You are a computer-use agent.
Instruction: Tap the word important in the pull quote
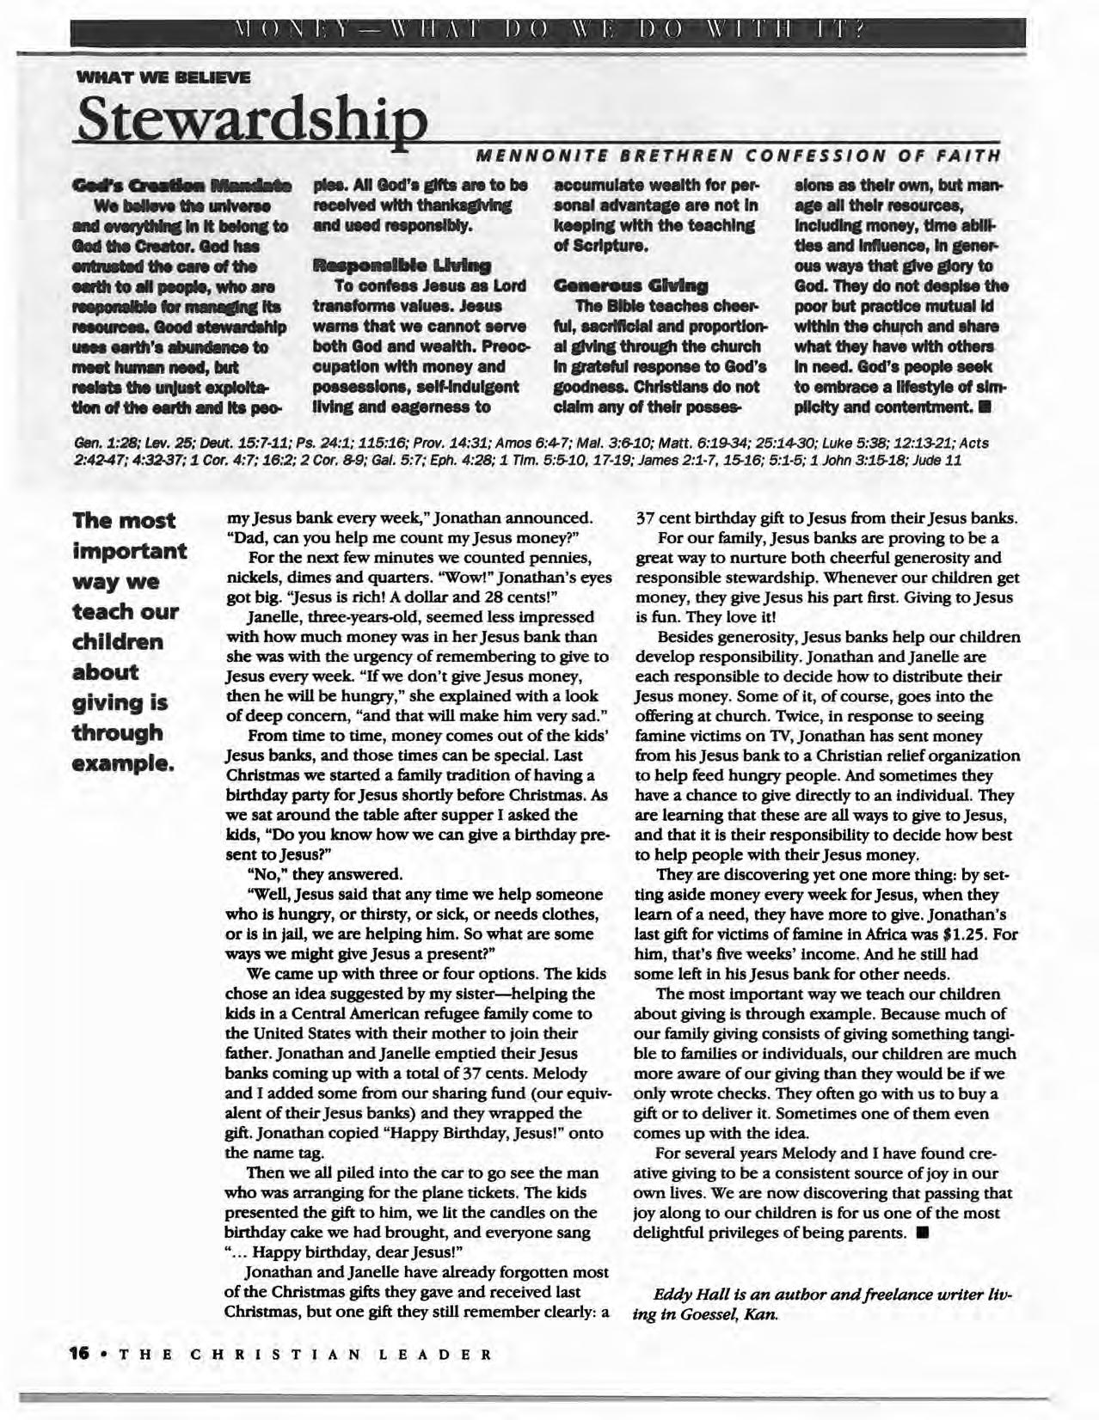pos(130,551)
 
